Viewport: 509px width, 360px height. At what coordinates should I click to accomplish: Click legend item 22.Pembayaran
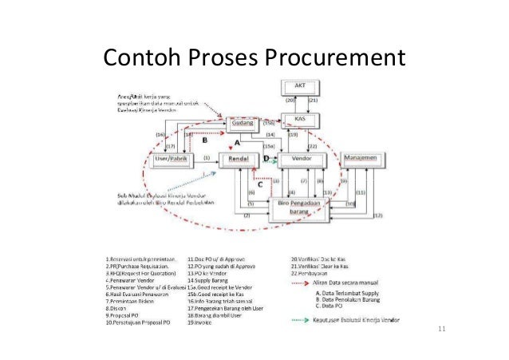(309, 273)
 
